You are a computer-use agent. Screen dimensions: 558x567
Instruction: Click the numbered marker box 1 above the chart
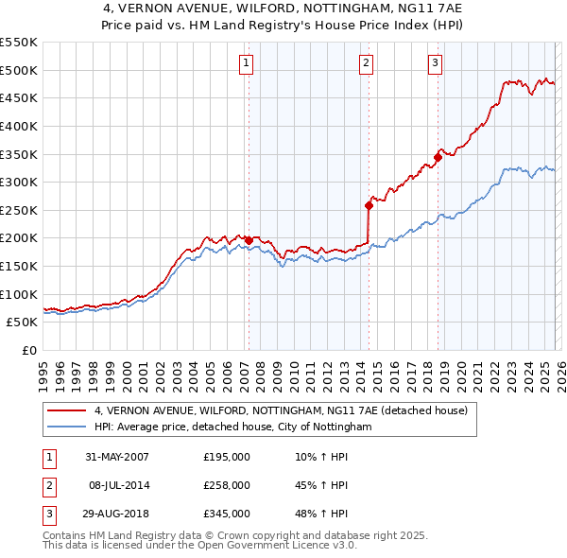pyautogui.click(x=246, y=63)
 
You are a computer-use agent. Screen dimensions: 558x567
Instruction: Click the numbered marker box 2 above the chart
pyautogui.click(x=366, y=63)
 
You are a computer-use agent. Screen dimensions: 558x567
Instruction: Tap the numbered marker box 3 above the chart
pyautogui.click(x=435, y=63)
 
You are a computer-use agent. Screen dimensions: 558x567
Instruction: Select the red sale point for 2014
pyautogui.click(x=369, y=205)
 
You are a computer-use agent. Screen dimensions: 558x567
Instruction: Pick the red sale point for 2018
pyautogui.click(x=438, y=157)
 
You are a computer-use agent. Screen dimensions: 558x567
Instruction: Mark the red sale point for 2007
pyautogui.click(x=249, y=240)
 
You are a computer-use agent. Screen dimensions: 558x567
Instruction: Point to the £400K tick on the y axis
pyautogui.click(x=19, y=126)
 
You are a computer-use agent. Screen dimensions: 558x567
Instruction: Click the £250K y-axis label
pyautogui.click(x=19, y=210)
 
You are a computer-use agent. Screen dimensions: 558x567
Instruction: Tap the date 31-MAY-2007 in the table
pyautogui.click(x=117, y=457)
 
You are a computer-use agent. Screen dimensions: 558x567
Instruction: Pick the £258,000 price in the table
pyautogui.click(x=227, y=485)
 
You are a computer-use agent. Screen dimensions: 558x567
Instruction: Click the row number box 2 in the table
pyautogui.click(x=47, y=485)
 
